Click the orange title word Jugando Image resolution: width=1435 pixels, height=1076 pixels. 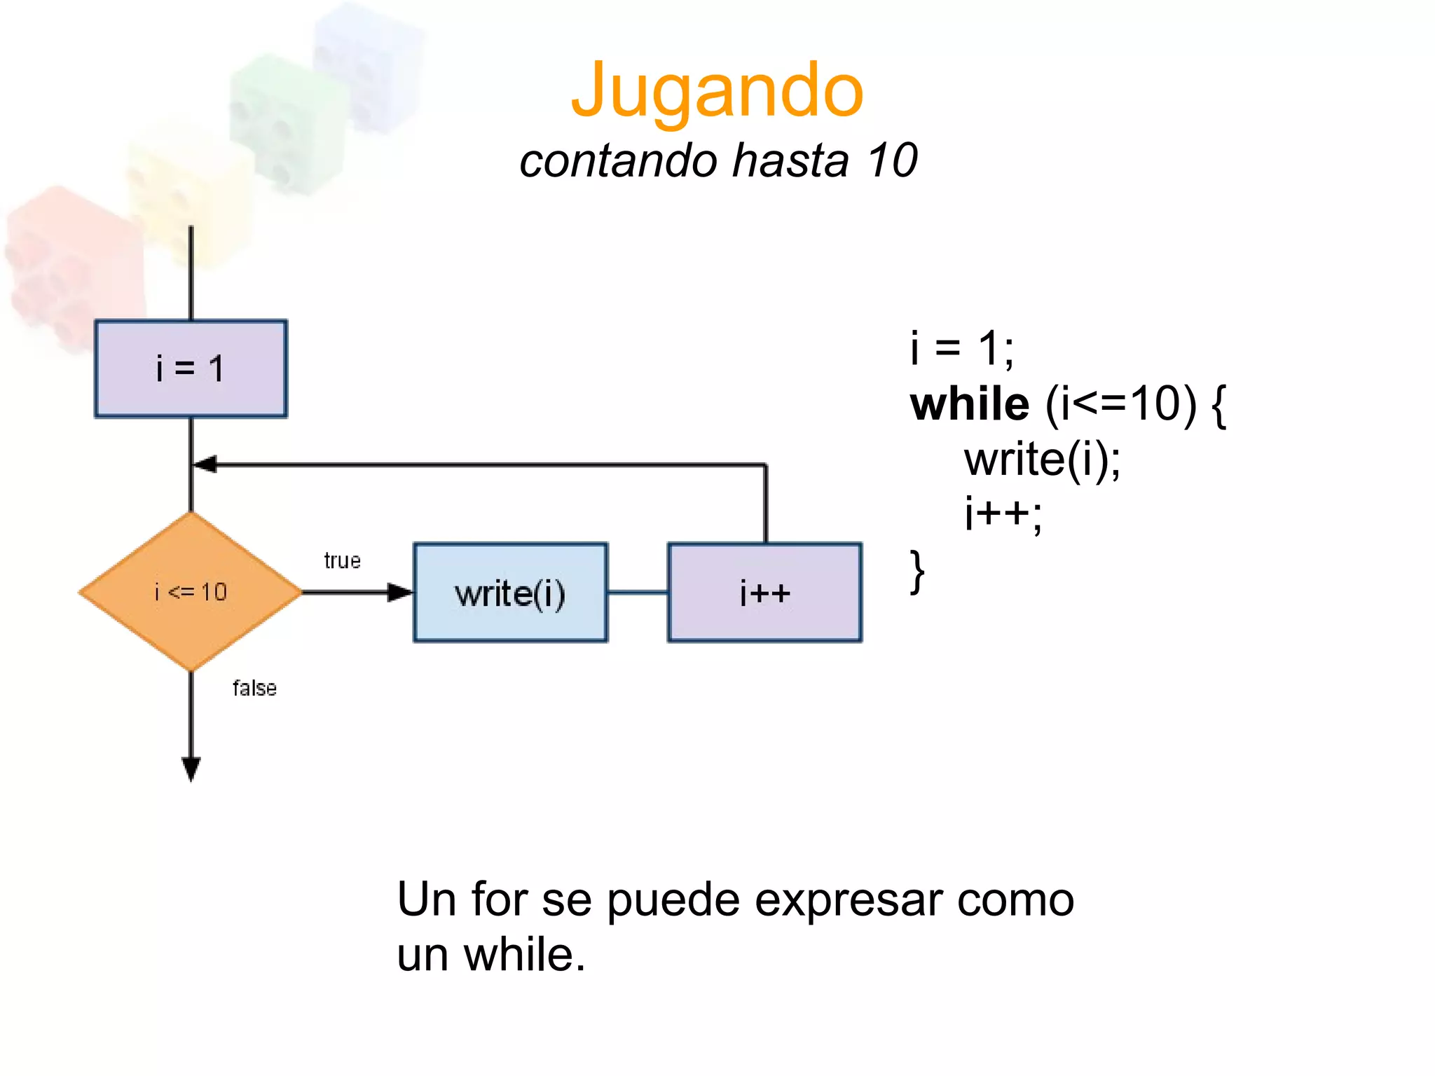717,91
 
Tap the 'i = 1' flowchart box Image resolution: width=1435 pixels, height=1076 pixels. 191,368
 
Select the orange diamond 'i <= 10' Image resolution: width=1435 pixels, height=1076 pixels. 191,592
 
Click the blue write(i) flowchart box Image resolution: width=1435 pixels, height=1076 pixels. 510,593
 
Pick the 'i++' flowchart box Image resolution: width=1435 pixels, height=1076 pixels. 764,593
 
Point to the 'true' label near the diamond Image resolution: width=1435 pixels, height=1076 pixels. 342,560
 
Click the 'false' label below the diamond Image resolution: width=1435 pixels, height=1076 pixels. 254,688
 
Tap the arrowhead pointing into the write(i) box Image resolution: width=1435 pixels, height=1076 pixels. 400,593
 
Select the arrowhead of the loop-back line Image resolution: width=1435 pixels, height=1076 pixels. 205,464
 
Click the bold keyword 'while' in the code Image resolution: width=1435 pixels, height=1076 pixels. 970,405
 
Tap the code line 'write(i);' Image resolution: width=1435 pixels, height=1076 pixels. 1042,460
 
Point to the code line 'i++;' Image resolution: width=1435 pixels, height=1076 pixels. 1003,515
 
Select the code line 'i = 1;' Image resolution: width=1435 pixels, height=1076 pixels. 961,348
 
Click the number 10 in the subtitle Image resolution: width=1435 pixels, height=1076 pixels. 891,160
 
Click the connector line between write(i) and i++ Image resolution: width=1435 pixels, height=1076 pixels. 638,593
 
